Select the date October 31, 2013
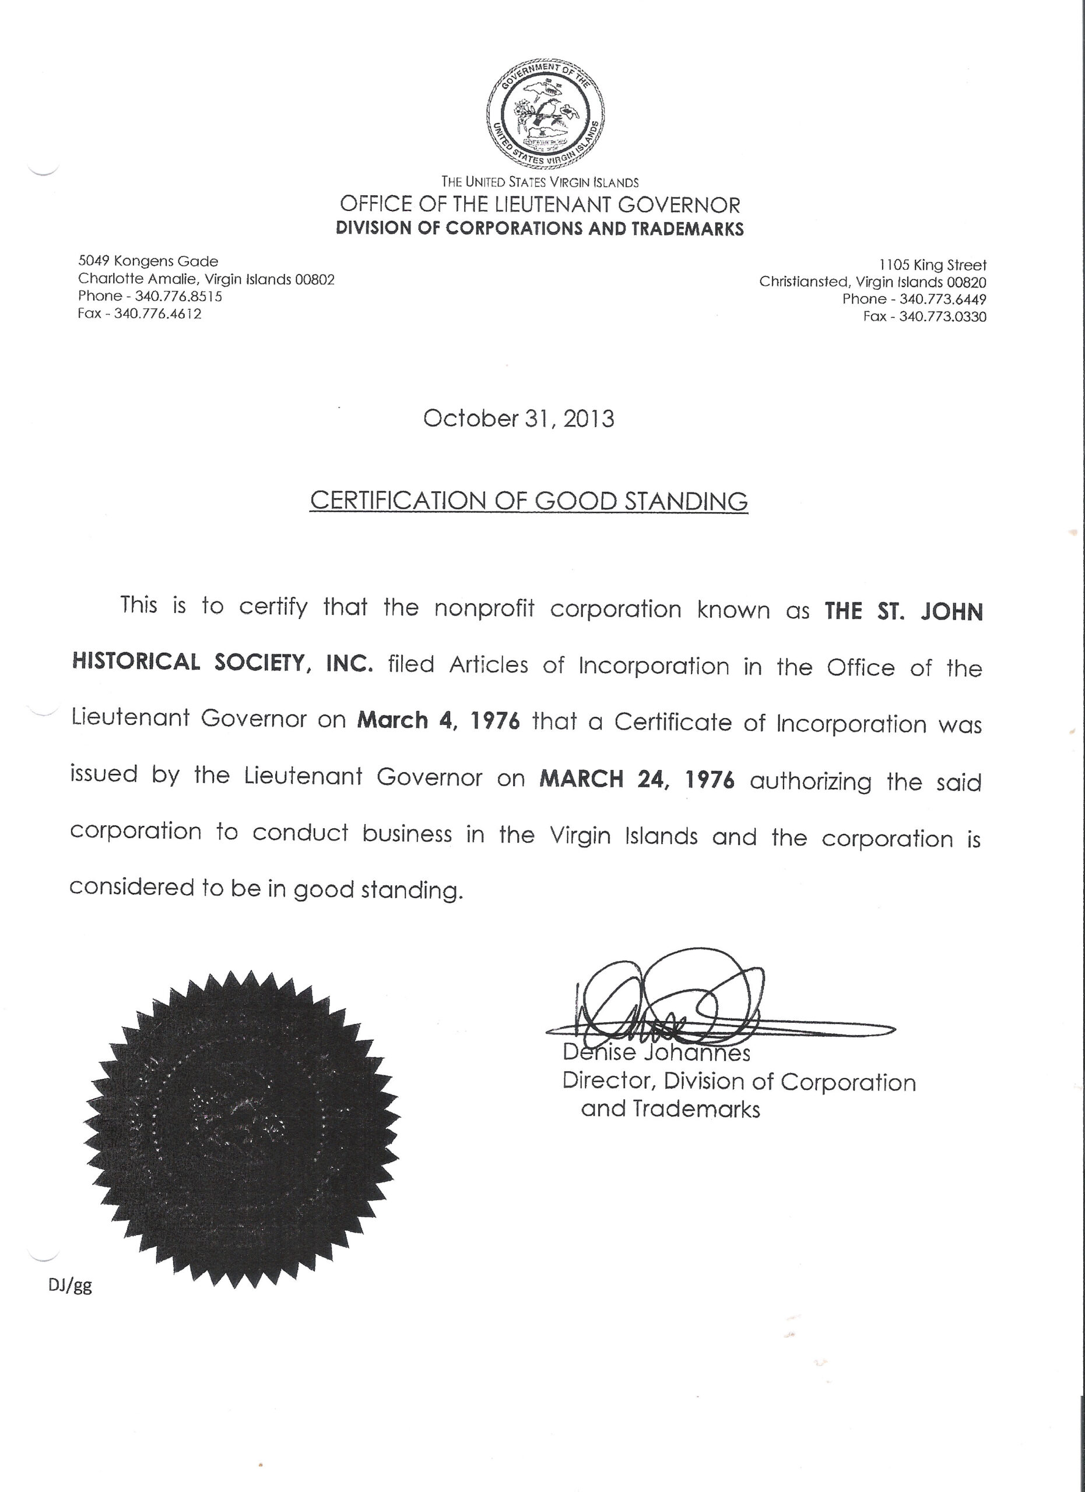[x=518, y=419]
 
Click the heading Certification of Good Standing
[x=528, y=501]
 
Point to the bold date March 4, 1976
[x=438, y=720]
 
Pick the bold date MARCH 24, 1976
[x=636, y=780]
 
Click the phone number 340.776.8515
[x=178, y=296]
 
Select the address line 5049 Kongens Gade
[x=148, y=261]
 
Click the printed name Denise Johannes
[x=656, y=1053]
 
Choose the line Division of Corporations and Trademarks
[x=539, y=228]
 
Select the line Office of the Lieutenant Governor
[x=539, y=205]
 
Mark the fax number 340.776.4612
[x=157, y=313]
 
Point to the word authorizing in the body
[x=810, y=782]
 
